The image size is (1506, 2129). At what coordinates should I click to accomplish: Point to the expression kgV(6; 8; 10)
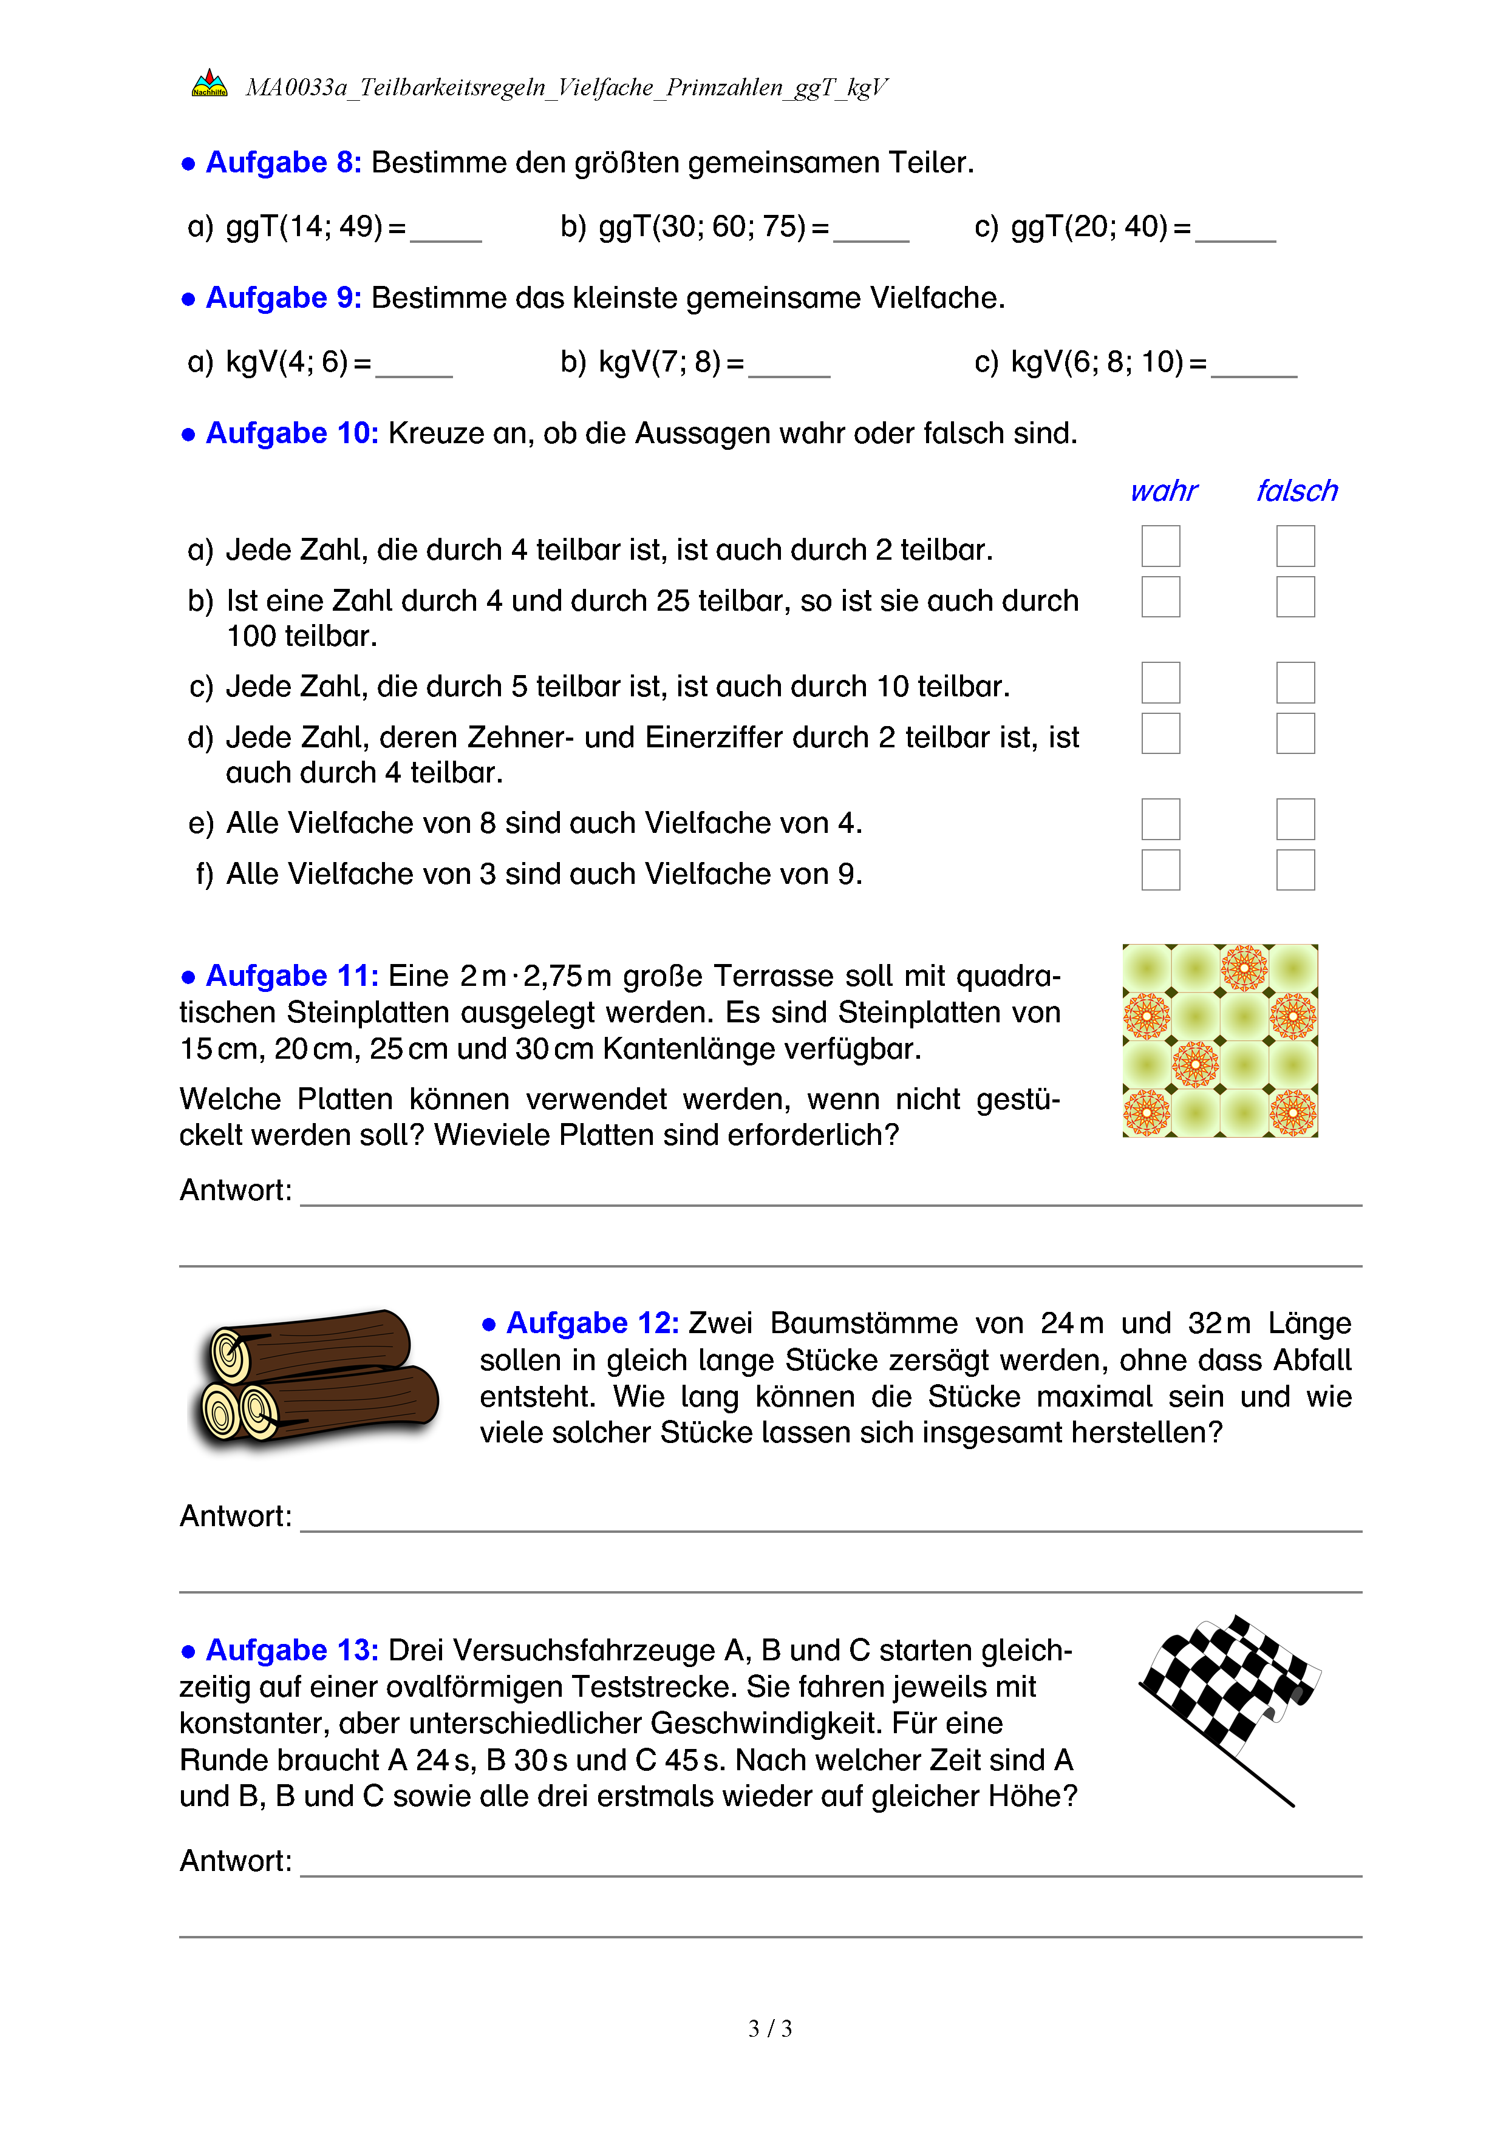(1097, 362)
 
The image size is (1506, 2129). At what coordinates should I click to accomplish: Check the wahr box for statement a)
(1160, 546)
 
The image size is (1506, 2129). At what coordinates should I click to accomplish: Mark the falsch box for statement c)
(1295, 682)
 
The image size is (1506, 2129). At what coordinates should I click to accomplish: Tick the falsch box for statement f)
(1295, 870)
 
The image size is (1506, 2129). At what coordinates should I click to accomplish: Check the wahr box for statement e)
(1160, 819)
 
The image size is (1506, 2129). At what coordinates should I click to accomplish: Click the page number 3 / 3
(769, 2029)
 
